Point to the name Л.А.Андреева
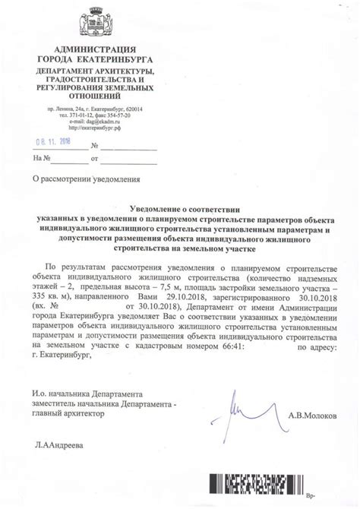click(58, 444)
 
